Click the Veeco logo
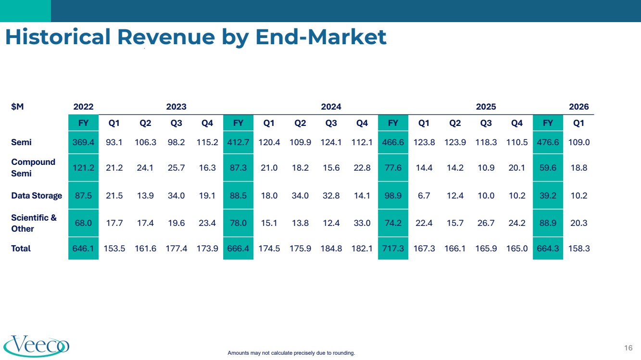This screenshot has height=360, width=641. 37,346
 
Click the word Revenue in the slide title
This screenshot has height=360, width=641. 166,37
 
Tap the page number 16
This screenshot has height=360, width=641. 628,348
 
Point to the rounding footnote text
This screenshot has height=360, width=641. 291,353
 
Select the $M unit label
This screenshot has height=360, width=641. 17,107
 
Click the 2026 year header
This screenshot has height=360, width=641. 578,107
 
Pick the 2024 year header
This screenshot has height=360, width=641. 331,107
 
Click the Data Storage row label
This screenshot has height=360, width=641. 37,196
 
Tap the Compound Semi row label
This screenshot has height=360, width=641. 33,168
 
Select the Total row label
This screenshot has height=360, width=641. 21,248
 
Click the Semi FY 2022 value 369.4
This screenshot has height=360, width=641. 83,142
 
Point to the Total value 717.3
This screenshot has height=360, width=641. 393,248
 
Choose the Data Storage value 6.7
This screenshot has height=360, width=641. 424,196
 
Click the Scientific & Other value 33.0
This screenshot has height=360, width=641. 362,223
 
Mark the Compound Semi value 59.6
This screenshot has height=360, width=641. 548,168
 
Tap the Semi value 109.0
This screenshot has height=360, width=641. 579,142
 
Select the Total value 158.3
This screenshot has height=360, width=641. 579,248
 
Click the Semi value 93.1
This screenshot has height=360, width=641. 114,142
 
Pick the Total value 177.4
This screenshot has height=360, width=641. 176,248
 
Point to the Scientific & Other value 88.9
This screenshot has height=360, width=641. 548,223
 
